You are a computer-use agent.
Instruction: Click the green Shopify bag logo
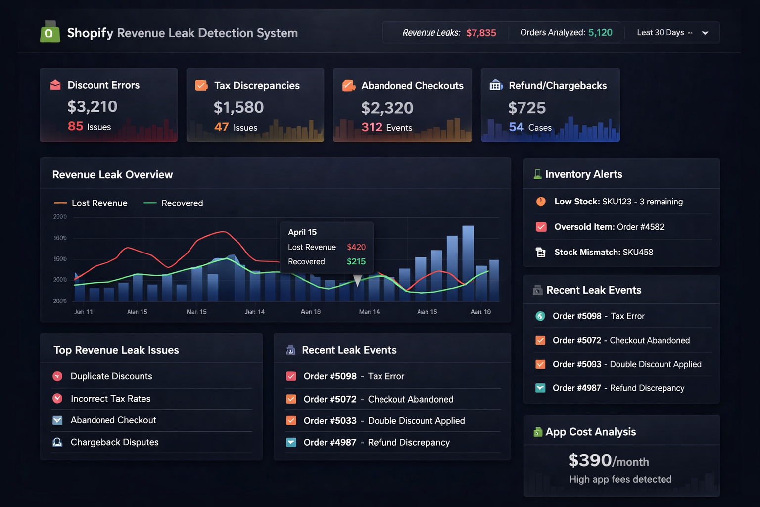pyautogui.click(x=49, y=32)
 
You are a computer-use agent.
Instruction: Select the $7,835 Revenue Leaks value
pyautogui.click(x=481, y=33)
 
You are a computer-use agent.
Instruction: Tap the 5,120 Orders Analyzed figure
pyautogui.click(x=600, y=33)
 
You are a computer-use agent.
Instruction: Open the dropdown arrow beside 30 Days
pyautogui.click(x=705, y=33)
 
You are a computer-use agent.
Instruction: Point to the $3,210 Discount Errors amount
pyautogui.click(x=93, y=106)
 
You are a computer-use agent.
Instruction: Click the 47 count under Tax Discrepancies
pyautogui.click(x=221, y=127)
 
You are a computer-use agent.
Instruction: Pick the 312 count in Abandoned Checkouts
pyautogui.click(x=372, y=127)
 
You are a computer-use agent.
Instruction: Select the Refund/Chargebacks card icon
pyautogui.click(x=496, y=85)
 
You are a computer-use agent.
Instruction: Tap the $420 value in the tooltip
pyautogui.click(x=356, y=247)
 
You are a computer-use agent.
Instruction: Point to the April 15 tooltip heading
pyautogui.click(x=302, y=232)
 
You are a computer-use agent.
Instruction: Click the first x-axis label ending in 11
pyautogui.click(x=83, y=312)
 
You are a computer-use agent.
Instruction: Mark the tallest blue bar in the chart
pyautogui.click(x=468, y=263)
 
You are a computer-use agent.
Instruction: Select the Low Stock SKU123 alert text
pyautogui.click(x=618, y=202)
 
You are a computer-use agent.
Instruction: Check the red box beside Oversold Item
pyautogui.click(x=541, y=227)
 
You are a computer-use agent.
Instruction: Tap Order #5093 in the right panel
pyautogui.click(x=577, y=364)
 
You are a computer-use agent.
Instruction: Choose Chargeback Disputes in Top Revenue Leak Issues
pyautogui.click(x=114, y=442)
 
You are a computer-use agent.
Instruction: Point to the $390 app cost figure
pyautogui.click(x=590, y=460)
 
